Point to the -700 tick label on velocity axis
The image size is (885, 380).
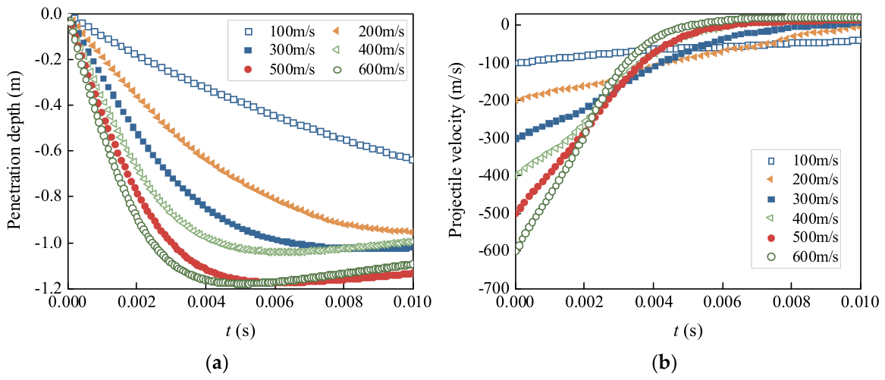[x=492, y=288]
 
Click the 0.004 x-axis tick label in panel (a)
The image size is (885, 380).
[x=206, y=302]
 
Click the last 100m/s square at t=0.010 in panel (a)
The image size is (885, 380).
[x=412, y=160]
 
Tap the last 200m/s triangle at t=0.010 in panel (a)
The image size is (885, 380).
[x=412, y=232]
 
